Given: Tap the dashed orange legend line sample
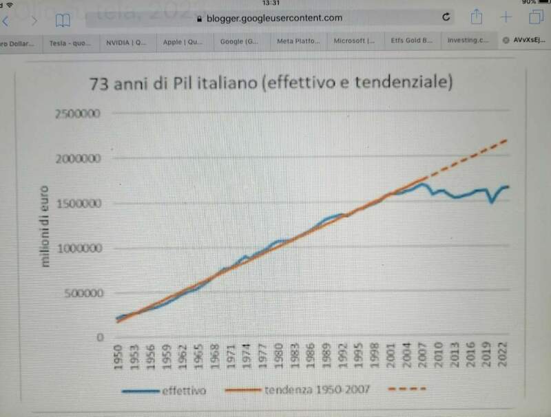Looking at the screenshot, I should (411, 391).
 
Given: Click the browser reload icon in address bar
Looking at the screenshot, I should (446, 18).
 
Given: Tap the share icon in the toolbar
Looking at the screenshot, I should (475, 17).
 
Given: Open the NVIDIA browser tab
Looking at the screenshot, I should (126, 41).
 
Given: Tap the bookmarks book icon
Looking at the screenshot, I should (63, 20).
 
